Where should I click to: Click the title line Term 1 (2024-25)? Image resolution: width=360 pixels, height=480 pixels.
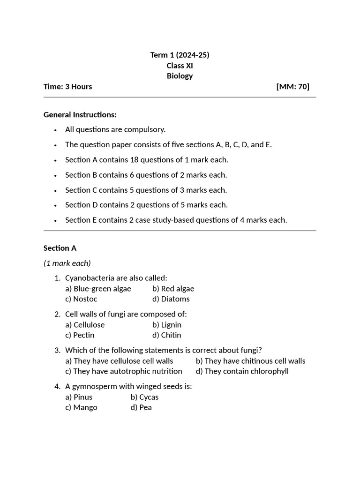tap(180, 55)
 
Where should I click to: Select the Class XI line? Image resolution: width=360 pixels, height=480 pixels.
tap(180, 66)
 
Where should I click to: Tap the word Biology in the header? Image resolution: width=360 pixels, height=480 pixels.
tap(180, 76)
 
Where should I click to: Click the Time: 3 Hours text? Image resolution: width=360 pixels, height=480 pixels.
tap(67, 86)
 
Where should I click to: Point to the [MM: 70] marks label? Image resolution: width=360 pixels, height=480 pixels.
tap(293, 86)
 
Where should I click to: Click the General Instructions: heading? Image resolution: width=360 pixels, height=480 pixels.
tap(80, 114)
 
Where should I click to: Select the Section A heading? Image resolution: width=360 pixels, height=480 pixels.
tap(60, 248)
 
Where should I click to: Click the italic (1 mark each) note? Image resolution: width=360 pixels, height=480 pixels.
tap(67, 263)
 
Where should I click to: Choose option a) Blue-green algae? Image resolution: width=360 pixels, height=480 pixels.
tap(98, 289)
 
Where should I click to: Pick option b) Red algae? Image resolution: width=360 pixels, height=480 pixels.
tap(173, 289)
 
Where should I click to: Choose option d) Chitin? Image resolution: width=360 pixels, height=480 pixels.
tap(166, 335)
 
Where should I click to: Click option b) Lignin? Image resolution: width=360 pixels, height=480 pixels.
tap(166, 325)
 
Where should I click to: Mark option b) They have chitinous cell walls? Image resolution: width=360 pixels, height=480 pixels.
tap(250, 361)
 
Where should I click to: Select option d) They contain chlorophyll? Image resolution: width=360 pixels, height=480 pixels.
tap(242, 371)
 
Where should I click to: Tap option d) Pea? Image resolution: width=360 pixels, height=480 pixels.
tap(141, 407)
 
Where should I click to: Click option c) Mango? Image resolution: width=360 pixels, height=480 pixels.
tap(81, 407)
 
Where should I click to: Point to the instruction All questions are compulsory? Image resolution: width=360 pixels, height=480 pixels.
tap(115, 129)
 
